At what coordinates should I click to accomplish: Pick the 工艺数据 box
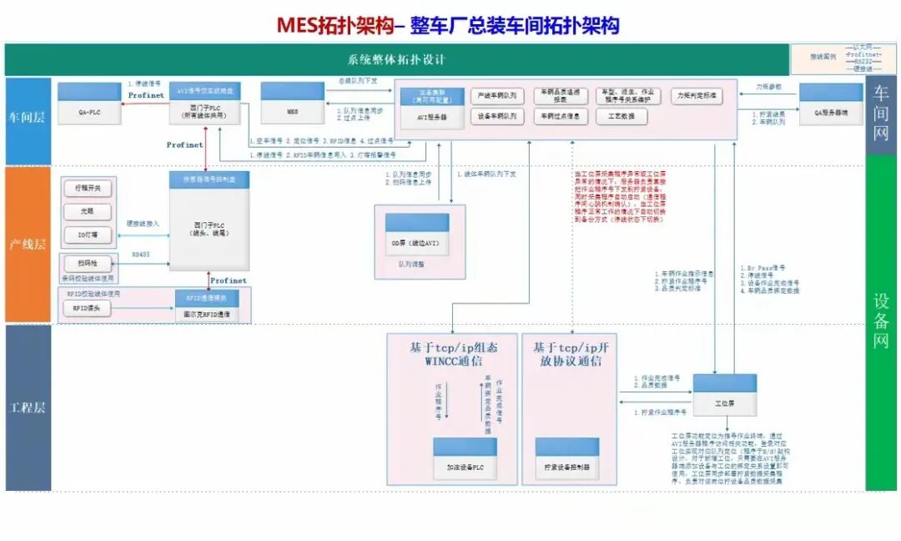(622, 117)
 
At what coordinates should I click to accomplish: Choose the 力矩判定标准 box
(699, 96)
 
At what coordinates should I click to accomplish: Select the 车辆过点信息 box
(560, 117)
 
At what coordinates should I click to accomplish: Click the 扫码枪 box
(87, 263)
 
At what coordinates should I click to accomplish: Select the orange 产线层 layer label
(28, 245)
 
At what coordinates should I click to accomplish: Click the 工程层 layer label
(28, 407)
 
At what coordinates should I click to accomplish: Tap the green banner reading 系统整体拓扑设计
(396, 60)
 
